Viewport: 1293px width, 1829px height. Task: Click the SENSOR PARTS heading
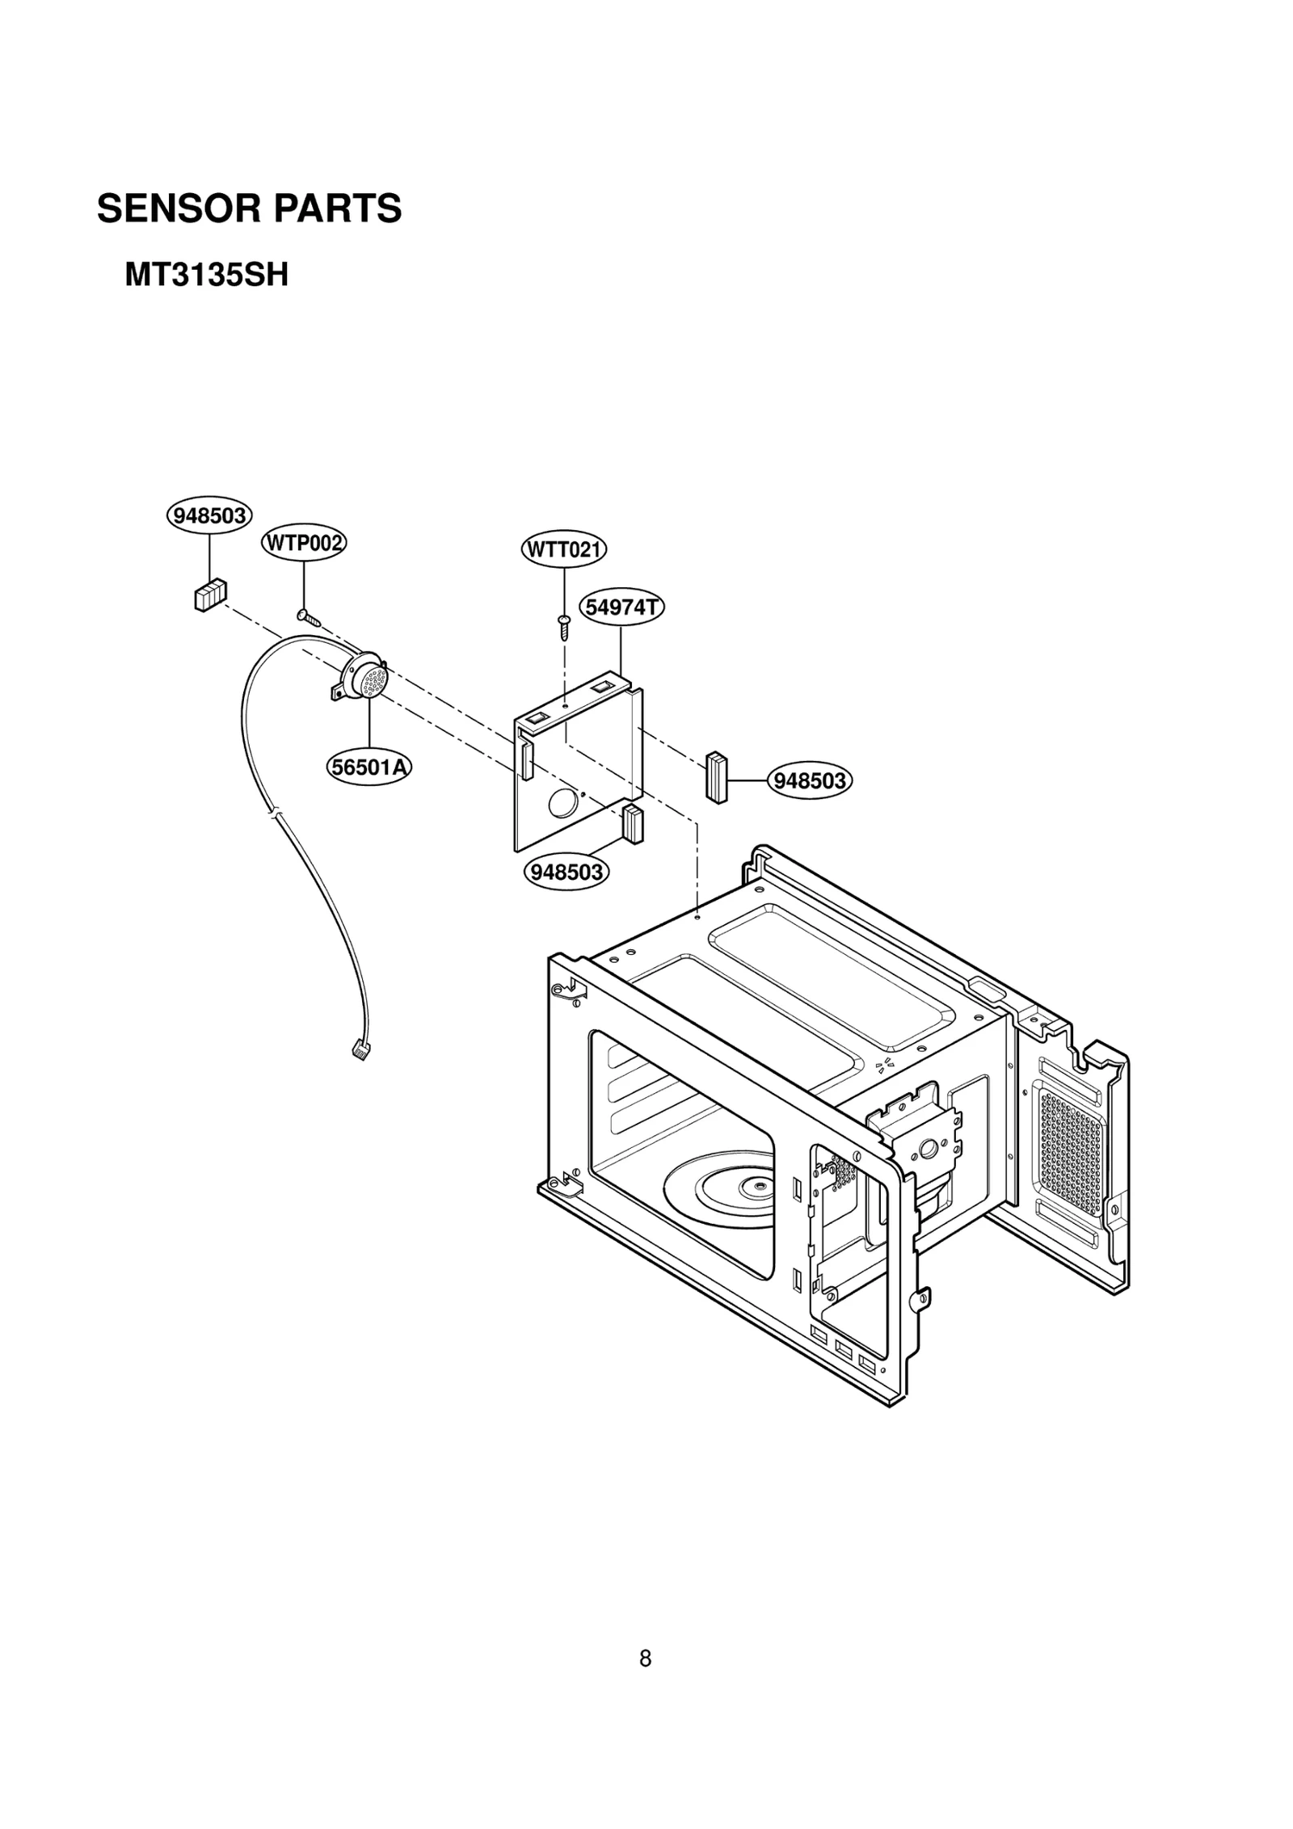point(249,208)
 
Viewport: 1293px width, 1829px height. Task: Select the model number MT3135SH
point(206,275)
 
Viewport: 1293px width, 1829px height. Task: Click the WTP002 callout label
point(303,543)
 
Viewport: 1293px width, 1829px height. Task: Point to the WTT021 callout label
point(563,550)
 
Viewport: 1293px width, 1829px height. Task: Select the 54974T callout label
point(621,607)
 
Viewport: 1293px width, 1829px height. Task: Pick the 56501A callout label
point(369,767)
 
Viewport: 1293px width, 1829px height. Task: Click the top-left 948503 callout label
point(209,515)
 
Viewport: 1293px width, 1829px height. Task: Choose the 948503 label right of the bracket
point(809,780)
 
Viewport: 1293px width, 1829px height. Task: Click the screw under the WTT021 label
point(564,626)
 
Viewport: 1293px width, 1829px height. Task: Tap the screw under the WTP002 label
point(308,617)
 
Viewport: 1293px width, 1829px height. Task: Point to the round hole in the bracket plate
point(559,803)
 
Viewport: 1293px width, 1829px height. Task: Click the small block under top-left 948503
point(210,596)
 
